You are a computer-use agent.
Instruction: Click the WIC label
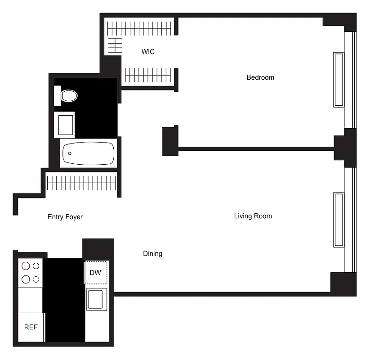[x=148, y=52]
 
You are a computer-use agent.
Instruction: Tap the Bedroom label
[x=260, y=77]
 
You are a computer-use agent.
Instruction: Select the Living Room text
[x=253, y=216]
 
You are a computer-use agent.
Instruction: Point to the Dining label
[x=152, y=253]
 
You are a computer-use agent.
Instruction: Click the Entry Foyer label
[x=65, y=217]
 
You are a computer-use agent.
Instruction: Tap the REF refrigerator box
[x=31, y=327]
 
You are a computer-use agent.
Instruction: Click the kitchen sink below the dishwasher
[x=97, y=299]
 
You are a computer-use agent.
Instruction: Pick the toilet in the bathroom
[x=69, y=95]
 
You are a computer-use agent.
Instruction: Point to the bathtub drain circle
[x=70, y=153]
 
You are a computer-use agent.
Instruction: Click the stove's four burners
[x=31, y=272]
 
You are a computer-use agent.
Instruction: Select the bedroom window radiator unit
[x=339, y=80]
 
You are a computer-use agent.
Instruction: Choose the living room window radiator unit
[x=339, y=220]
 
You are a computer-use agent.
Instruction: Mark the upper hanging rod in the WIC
[x=139, y=29]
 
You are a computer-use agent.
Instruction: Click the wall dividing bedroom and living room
[x=256, y=147]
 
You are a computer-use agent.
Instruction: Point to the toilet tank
[x=57, y=95]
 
